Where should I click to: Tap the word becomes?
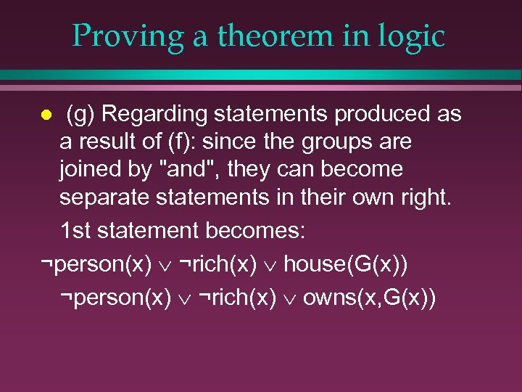coord(254,232)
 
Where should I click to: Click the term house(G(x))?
coord(345,264)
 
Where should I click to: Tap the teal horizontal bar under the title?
coord(261,75)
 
